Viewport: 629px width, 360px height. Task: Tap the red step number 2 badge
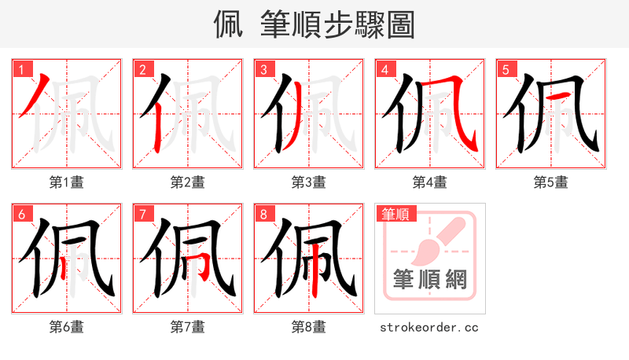coord(142,69)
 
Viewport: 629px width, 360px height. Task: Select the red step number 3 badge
coord(263,69)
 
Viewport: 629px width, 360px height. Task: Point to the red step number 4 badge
coord(384,69)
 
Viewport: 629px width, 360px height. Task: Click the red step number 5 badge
coord(506,69)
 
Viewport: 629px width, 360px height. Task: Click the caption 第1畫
coord(67,182)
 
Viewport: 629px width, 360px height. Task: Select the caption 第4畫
coord(430,182)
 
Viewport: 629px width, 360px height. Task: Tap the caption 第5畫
coord(551,182)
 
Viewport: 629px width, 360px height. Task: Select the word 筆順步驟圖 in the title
coord(340,24)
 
